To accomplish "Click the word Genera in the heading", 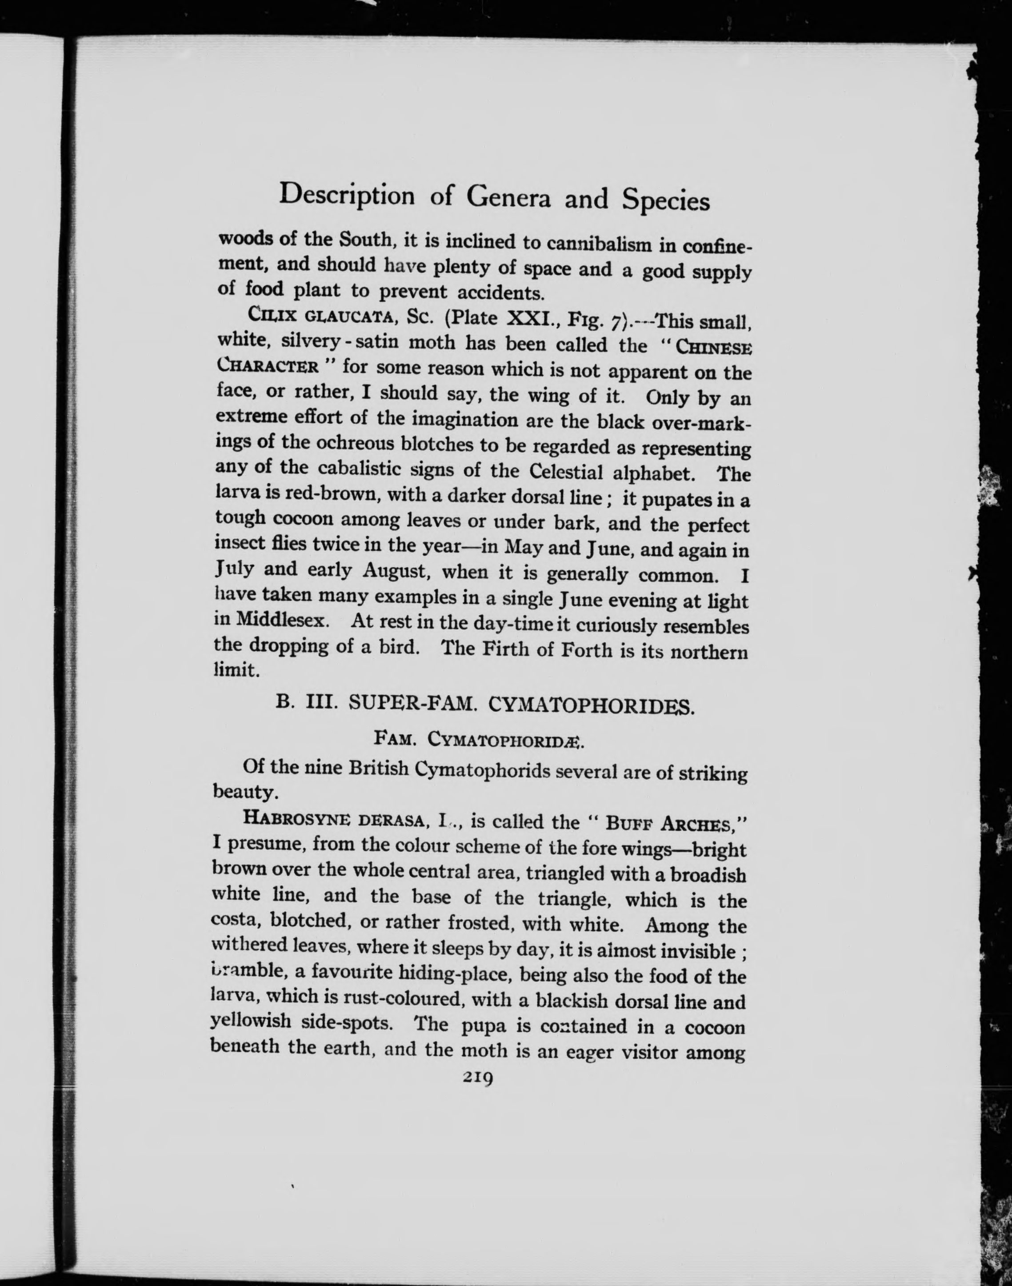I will click(x=509, y=197).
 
